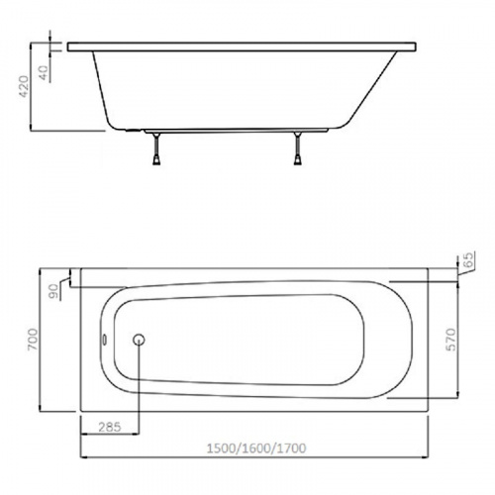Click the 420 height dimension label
[x=24, y=86]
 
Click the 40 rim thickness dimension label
[x=44, y=73]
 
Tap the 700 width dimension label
[x=33, y=340]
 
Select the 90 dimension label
[x=53, y=291]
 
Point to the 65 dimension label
[x=467, y=259]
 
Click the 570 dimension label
[x=450, y=340]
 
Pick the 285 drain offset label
[x=110, y=427]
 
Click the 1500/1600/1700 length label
[x=256, y=448]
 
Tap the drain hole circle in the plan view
[x=139, y=340]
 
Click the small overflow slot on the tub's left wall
[x=104, y=340]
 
